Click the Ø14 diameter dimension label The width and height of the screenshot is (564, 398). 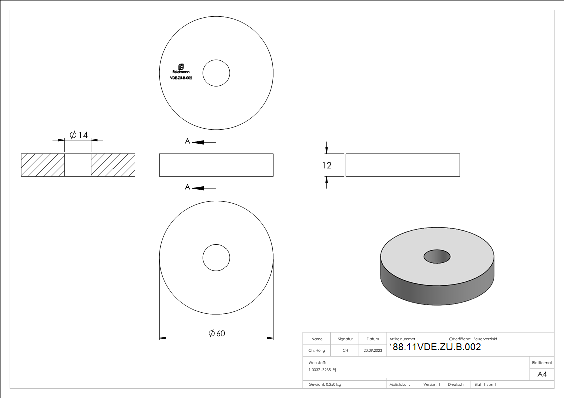tap(78, 135)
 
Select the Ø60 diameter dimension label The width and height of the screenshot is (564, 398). tap(216, 333)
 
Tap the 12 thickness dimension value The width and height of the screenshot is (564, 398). tap(327, 165)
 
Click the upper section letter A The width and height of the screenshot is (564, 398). tap(187, 142)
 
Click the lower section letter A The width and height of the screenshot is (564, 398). tap(187, 187)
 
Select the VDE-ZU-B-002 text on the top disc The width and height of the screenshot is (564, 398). tap(181, 78)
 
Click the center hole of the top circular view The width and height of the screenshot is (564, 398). tap(216, 72)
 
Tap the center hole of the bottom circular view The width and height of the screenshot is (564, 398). tap(216, 258)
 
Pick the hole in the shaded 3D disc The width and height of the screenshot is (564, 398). tap(437, 256)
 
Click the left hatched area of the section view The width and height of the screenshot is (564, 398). tap(43, 165)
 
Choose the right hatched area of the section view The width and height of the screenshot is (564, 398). tap(113, 165)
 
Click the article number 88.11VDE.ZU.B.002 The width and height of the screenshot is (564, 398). tap(436, 347)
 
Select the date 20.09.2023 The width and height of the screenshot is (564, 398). tap(373, 351)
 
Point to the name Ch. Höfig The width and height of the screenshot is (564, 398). tap(316, 351)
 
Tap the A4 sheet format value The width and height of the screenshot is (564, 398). tap(542, 374)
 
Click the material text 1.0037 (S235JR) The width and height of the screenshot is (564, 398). tap(322, 369)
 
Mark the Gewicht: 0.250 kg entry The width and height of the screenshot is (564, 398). tap(325, 384)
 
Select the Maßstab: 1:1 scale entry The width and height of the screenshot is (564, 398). tap(401, 384)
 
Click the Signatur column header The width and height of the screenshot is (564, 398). tap(345, 339)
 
